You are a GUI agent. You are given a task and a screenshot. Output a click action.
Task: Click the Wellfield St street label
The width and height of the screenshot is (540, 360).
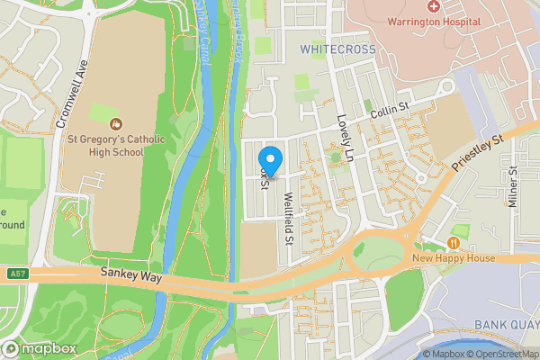[289, 221]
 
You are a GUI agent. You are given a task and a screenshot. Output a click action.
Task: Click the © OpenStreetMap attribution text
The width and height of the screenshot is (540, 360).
[501, 354]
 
